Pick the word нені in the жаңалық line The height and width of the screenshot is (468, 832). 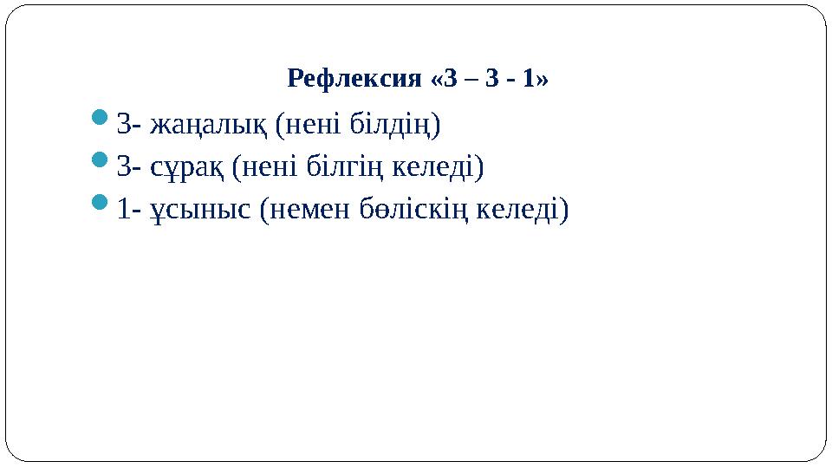(309, 125)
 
